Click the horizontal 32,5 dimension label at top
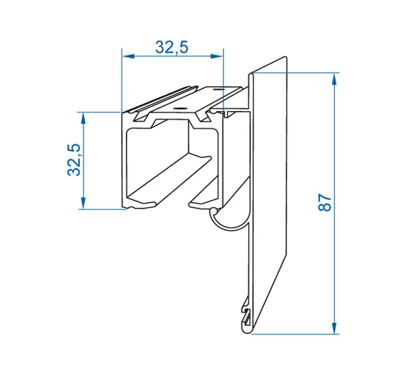click(x=172, y=47)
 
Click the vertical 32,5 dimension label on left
click(x=74, y=160)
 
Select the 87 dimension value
click(x=325, y=202)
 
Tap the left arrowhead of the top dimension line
click(x=128, y=56)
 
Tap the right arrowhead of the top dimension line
click(x=217, y=56)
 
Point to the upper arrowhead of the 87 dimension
click(x=334, y=79)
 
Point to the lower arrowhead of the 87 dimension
click(x=334, y=328)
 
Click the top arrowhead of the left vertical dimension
click(x=83, y=119)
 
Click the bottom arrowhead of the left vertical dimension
click(x=83, y=203)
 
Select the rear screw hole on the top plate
click(x=218, y=90)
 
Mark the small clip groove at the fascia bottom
click(x=246, y=316)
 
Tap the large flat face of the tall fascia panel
click(x=270, y=193)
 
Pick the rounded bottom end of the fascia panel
click(x=246, y=330)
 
